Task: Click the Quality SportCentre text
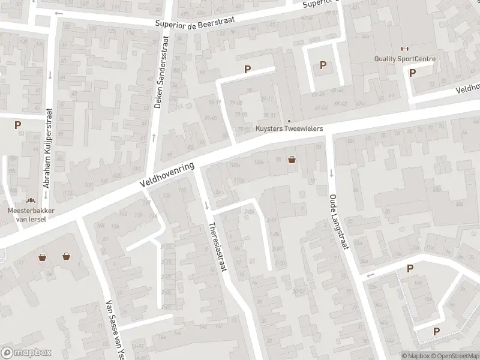coord(404,59)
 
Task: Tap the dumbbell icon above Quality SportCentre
coord(404,49)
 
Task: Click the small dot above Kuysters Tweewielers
coord(289,121)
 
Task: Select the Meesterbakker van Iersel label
coord(27,215)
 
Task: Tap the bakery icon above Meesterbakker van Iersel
coord(29,201)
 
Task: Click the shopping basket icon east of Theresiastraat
coord(292,160)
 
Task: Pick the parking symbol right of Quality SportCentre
coord(412,73)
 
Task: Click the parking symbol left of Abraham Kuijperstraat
coord(18,125)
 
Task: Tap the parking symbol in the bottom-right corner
coord(436,331)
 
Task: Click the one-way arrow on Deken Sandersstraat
coord(154,138)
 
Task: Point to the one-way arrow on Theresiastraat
coord(207,206)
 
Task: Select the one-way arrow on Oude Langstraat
coord(331,173)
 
